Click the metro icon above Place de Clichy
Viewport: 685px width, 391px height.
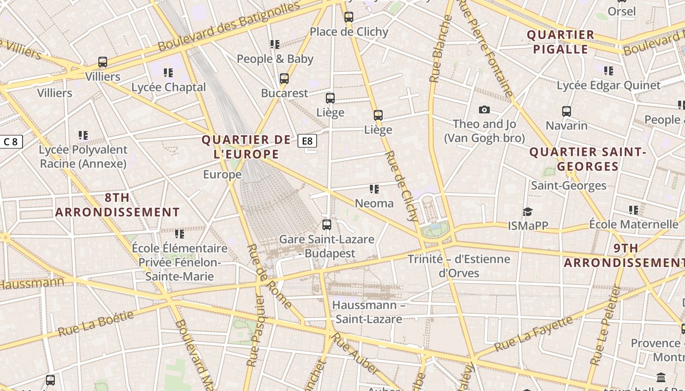(x=348, y=17)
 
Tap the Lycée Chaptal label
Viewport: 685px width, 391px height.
(x=168, y=87)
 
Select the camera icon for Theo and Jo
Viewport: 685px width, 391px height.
(x=484, y=109)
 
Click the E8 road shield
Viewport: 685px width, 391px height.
(x=307, y=141)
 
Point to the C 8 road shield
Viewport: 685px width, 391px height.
(x=10, y=142)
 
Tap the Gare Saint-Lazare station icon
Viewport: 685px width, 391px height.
(x=327, y=225)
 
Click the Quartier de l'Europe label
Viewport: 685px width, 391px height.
(x=247, y=147)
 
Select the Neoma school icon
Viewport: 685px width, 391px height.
(x=374, y=189)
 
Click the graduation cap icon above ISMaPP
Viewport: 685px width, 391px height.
(x=527, y=212)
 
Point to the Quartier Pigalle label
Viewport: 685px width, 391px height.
(x=561, y=42)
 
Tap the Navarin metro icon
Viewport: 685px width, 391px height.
(x=567, y=111)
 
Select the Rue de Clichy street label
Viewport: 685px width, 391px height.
(x=402, y=186)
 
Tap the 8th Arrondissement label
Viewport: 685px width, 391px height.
(x=117, y=205)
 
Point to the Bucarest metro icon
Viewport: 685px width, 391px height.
(x=284, y=79)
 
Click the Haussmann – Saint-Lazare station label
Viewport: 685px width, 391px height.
(x=368, y=312)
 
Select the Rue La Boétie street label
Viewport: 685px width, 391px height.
(x=96, y=324)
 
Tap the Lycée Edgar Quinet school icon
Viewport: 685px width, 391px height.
(x=609, y=71)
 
